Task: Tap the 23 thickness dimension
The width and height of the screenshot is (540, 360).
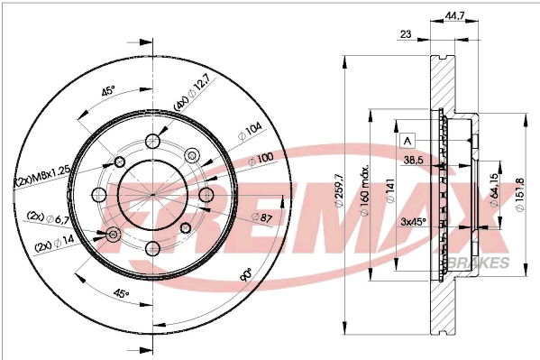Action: coord(406,34)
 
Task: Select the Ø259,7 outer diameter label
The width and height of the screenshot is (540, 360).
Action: coord(338,192)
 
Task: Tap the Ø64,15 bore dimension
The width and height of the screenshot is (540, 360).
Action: coord(494,191)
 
